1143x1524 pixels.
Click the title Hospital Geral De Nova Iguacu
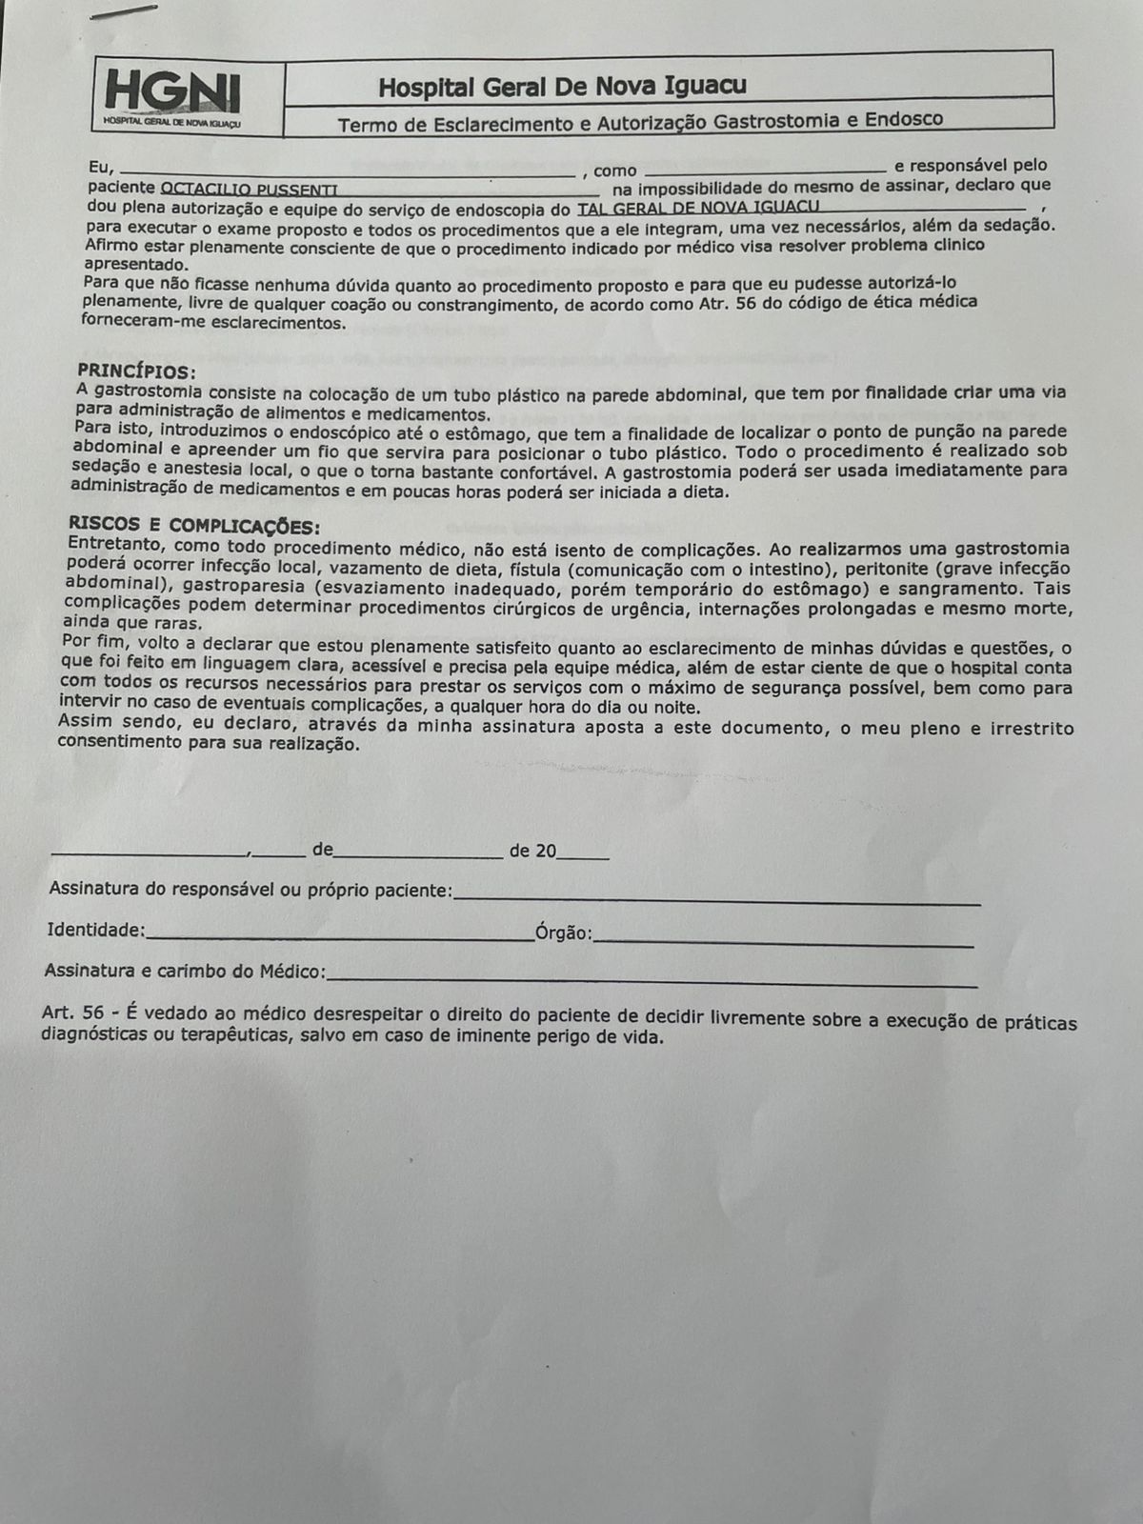562,87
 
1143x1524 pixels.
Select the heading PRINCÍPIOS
136,371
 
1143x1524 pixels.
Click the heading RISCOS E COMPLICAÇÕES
194,528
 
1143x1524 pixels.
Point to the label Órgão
563,932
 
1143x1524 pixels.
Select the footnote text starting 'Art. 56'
560,1027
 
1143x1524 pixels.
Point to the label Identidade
95,929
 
